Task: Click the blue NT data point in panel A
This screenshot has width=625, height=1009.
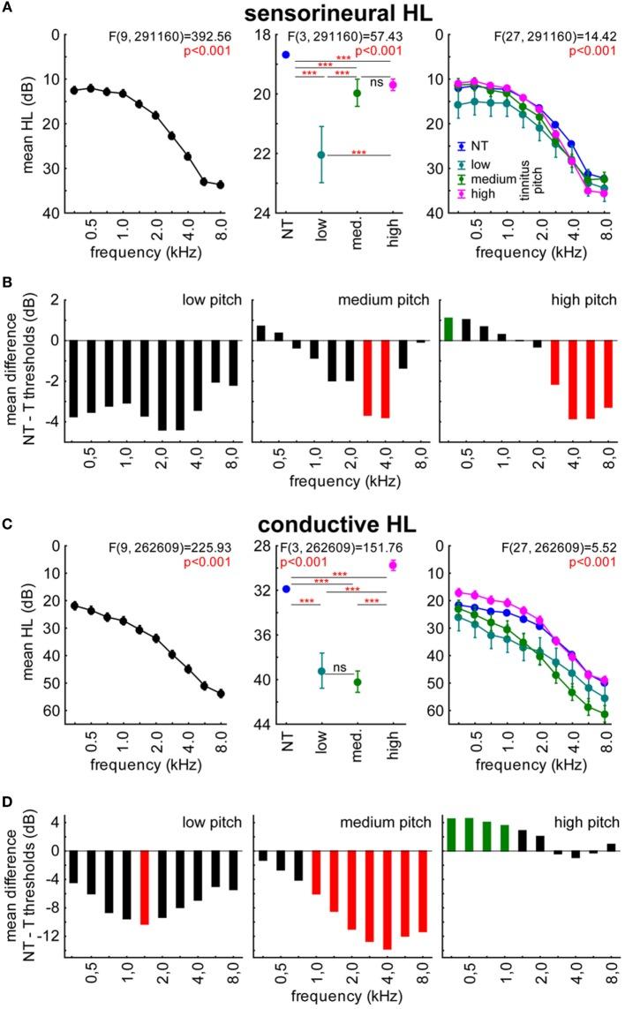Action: (285, 55)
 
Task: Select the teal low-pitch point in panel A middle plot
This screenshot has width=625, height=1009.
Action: (320, 154)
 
